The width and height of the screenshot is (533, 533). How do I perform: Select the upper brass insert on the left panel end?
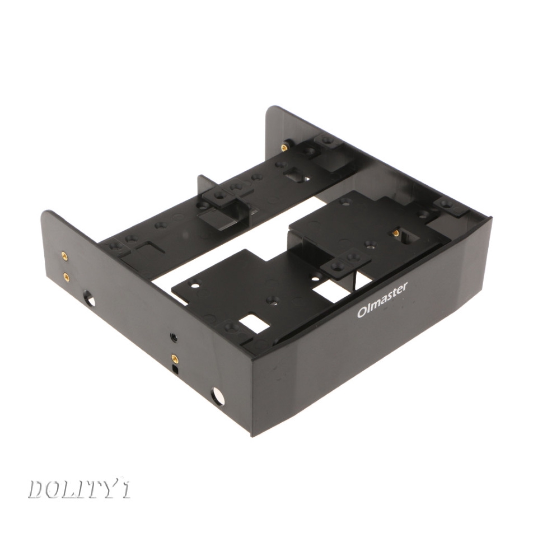[x=64, y=256]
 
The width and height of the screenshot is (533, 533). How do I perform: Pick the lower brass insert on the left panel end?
[x=67, y=276]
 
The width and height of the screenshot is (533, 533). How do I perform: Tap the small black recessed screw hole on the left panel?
[x=174, y=338]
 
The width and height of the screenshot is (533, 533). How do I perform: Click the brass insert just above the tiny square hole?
[x=175, y=357]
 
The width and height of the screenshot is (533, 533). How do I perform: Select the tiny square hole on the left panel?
[x=175, y=370]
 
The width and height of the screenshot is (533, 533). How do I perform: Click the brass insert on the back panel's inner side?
[x=284, y=147]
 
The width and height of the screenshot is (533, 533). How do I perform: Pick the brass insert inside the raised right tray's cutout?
[x=396, y=232]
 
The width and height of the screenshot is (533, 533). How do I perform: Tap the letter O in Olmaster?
[x=362, y=312]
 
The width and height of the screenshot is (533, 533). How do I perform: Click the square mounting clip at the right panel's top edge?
[x=451, y=206]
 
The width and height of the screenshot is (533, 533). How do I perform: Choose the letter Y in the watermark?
[x=116, y=489]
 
